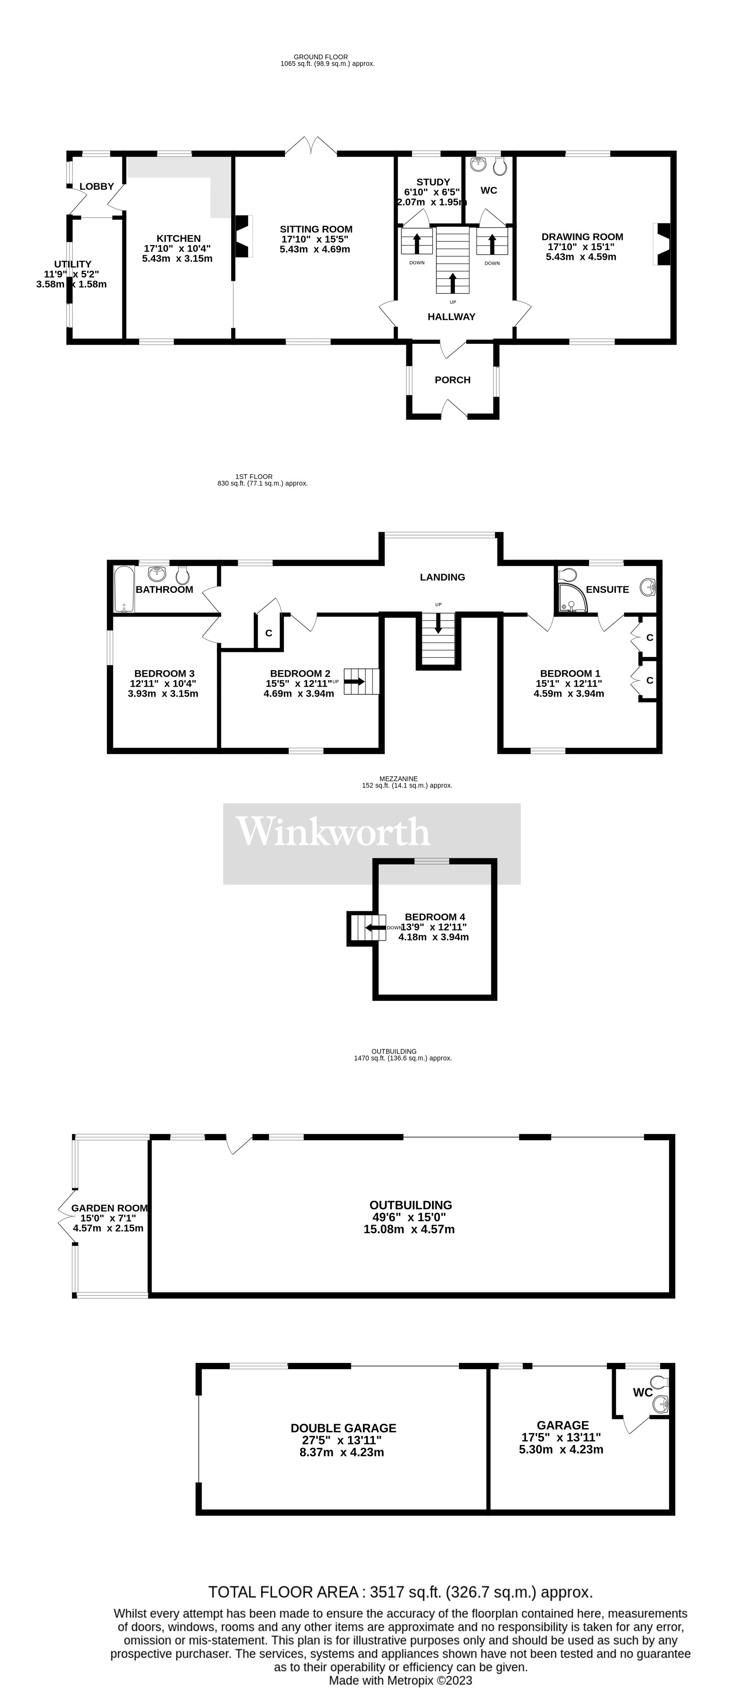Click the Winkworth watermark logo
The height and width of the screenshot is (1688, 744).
333,832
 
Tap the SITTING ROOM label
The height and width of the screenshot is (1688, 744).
315,229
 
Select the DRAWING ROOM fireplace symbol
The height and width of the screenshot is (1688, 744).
663,244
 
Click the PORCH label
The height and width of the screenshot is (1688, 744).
452,380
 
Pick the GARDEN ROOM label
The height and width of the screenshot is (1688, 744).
109,1208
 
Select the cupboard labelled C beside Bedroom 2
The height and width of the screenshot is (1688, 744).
268,633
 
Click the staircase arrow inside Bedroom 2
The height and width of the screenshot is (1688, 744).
356,682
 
